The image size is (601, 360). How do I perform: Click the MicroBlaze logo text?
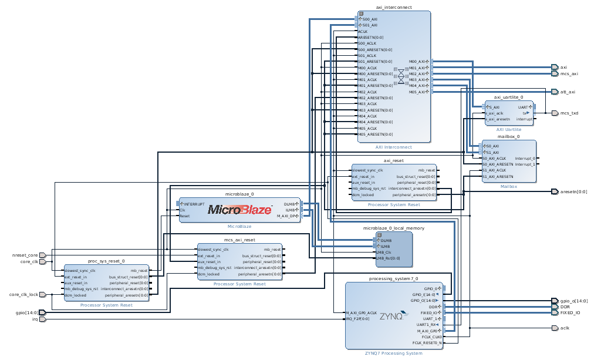click(x=239, y=210)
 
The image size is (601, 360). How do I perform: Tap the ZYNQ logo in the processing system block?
click(x=391, y=316)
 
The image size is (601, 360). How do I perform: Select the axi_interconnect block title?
click(x=393, y=7)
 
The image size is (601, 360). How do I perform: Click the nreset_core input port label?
click(x=25, y=255)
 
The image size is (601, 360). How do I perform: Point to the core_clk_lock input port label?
click(x=24, y=294)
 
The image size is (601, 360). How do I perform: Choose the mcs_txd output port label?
click(x=569, y=113)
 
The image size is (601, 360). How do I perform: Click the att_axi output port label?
click(x=568, y=92)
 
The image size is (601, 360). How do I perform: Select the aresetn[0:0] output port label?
click(x=573, y=191)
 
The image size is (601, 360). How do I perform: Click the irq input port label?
click(x=35, y=319)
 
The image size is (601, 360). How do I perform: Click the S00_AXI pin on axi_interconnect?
click(x=369, y=19)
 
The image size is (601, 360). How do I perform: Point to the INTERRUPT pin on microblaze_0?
click(x=194, y=204)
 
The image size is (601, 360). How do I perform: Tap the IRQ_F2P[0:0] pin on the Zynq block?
click(x=358, y=319)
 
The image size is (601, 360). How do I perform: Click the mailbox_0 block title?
click(x=508, y=136)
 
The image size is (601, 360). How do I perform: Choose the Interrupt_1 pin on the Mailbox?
click(x=525, y=164)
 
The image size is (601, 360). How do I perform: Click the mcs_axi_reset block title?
click(x=239, y=240)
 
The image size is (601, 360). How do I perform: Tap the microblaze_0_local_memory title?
click(x=393, y=228)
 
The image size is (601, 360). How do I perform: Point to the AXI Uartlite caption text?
click(x=508, y=129)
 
